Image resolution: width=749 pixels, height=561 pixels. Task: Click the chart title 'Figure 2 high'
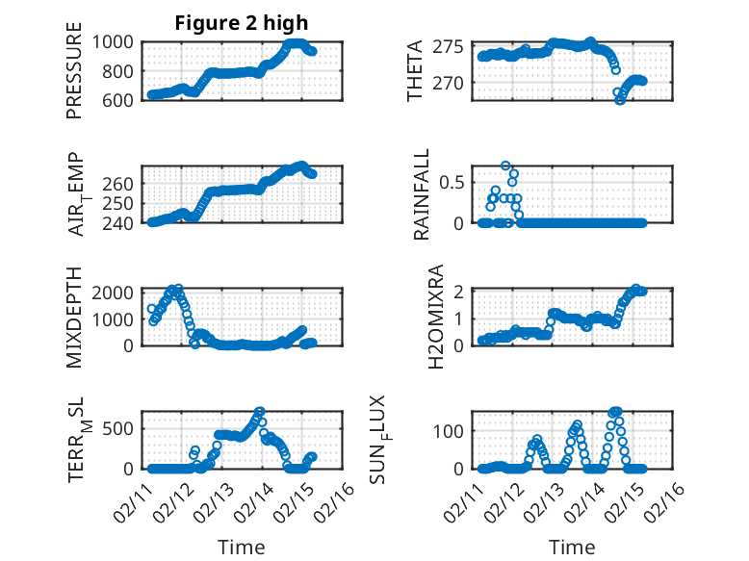[x=242, y=24]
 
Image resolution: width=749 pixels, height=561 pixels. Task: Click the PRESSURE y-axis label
[x=74, y=78]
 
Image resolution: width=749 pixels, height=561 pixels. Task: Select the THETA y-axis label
[x=415, y=71]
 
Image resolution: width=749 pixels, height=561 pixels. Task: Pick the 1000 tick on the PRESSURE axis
[x=115, y=42]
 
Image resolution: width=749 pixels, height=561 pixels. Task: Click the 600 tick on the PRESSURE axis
[x=121, y=99]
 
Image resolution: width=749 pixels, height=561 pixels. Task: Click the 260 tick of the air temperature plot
[x=121, y=183]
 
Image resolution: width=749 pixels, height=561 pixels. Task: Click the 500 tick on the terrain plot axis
[x=121, y=428]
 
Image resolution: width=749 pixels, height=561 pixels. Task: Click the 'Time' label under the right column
[x=573, y=548]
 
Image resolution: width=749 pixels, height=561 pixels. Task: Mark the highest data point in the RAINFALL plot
[x=505, y=166]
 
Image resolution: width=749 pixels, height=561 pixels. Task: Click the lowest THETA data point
[x=620, y=100]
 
